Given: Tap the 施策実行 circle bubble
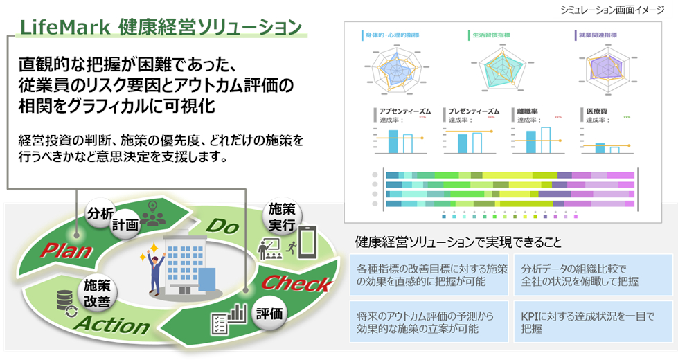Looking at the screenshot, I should (281, 216).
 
